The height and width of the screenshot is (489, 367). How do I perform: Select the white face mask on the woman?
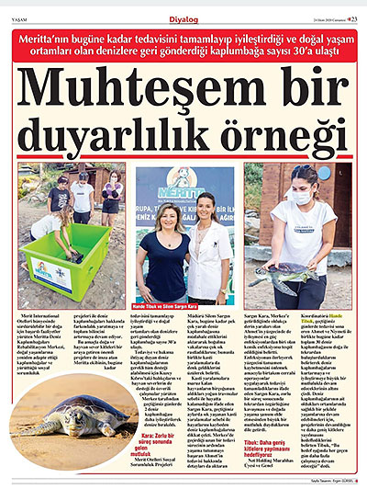pos(301,199)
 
